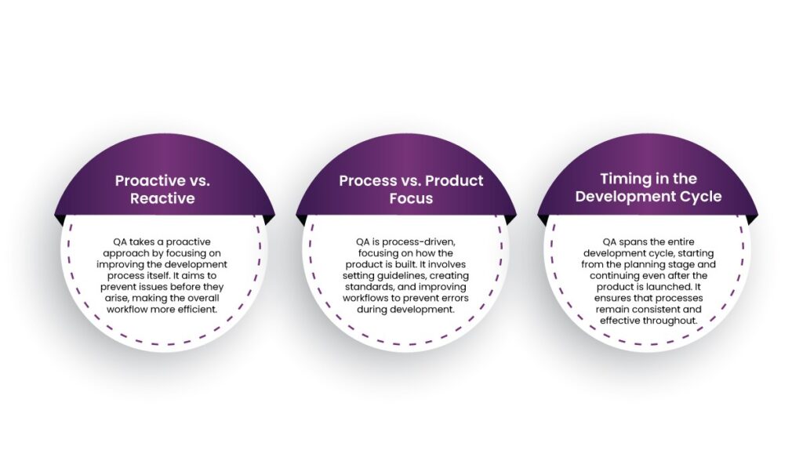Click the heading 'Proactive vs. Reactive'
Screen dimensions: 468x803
click(x=162, y=189)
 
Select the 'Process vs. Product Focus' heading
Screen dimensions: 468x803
click(x=411, y=189)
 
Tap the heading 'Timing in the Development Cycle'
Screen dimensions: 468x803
click(x=649, y=187)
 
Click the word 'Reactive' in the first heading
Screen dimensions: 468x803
click(x=162, y=198)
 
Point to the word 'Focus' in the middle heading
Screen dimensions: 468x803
click(x=411, y=198)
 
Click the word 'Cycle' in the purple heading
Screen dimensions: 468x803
click(x=699, y=196)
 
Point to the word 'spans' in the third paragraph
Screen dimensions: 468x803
click(x=634, y=242)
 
